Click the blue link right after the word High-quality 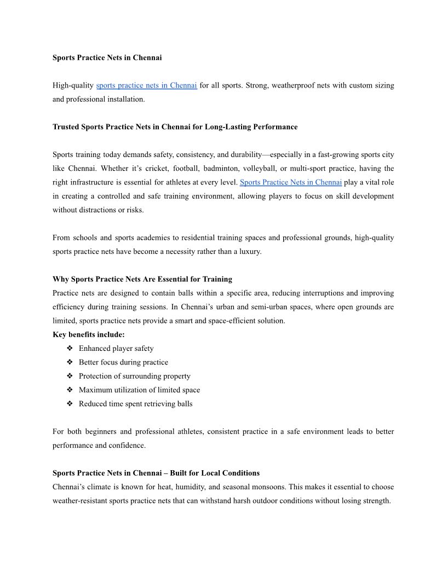[x=146, y=85]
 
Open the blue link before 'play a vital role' [x=290, y=182]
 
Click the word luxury [x=249, y=252]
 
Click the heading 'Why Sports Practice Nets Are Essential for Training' [x=142, y=279]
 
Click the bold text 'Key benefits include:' [x=89, y=334]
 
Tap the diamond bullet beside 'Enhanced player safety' [x=70, y=349]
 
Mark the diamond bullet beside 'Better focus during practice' [x=70, y=362]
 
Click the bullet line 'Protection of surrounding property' [x=134, y=376]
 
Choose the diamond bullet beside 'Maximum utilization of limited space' [x=70, y=390]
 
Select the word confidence [x=127, y=446]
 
